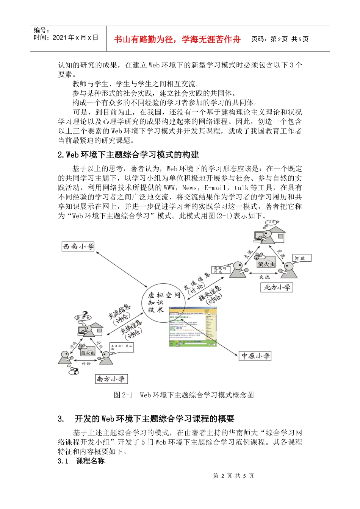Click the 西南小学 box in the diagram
(78, 247)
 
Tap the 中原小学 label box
(255, 356)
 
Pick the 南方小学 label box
(111, 379)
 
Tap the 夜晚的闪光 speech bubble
(221, 270)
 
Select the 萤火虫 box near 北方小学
(266, 264)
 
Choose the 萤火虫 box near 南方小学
(88, 353)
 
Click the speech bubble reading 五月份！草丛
(121, 347)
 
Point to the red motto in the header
(177, 39)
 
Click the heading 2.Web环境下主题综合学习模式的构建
(128, 155)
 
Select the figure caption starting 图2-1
(183, 395)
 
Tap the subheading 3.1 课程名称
(81, 461)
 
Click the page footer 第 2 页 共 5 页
(233, 476)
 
